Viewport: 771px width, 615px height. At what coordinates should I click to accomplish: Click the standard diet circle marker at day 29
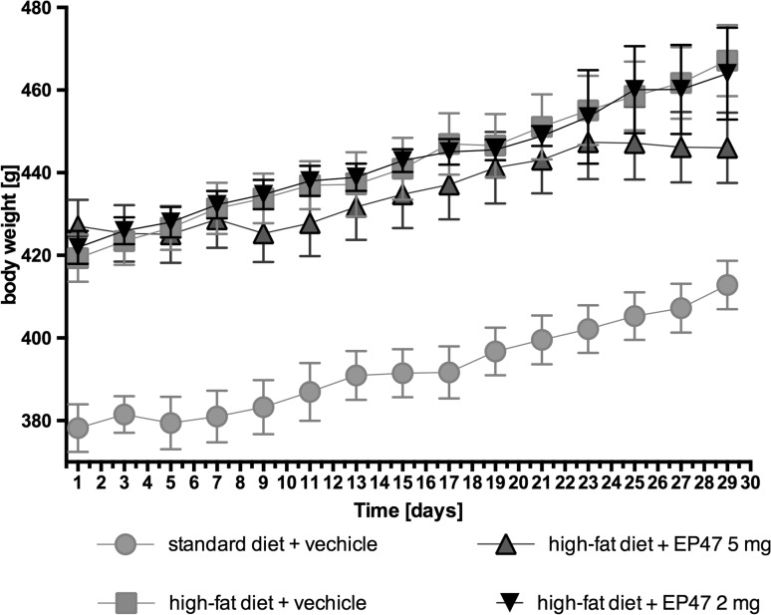tap(727, 285)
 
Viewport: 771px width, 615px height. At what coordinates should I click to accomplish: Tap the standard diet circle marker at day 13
tap(357, 376)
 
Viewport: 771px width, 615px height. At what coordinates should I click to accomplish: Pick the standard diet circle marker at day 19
tap(495, 352)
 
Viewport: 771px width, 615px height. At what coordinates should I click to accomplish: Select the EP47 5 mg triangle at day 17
tap(449, 185)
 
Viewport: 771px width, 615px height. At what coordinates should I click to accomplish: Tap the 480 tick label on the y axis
tap(41, 8)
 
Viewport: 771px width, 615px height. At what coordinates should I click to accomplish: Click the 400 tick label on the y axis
tap(41, 339)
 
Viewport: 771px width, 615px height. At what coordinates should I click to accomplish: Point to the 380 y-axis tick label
tap(41, 421)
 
